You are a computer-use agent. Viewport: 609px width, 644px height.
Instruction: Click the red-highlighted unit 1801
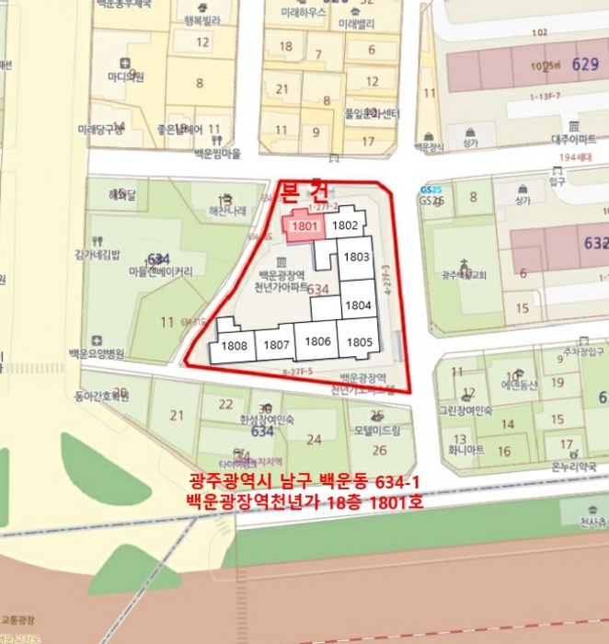(x=304, y=224)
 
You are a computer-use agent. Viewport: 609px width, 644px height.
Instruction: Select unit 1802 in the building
(x=345, y=224)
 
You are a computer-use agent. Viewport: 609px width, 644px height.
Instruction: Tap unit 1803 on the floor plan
(x=357, y=258)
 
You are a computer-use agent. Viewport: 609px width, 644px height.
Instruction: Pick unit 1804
(x=357, y=305)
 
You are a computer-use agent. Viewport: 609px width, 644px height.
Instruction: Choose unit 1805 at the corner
(x=359, y=342)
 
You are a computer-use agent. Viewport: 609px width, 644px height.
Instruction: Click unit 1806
(x=317, y=341)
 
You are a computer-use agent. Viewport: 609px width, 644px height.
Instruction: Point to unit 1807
(x=276, y=345)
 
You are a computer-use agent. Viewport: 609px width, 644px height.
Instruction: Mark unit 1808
(x=235, y=346)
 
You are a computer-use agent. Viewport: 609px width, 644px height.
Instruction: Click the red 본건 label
(x=304, y=191)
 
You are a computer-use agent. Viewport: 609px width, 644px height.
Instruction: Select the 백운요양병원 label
(x=96, y=353)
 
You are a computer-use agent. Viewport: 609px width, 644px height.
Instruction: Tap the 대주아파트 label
(x=574, y=138)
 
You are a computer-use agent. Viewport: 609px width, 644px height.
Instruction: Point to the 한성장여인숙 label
(x=267, y=420)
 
